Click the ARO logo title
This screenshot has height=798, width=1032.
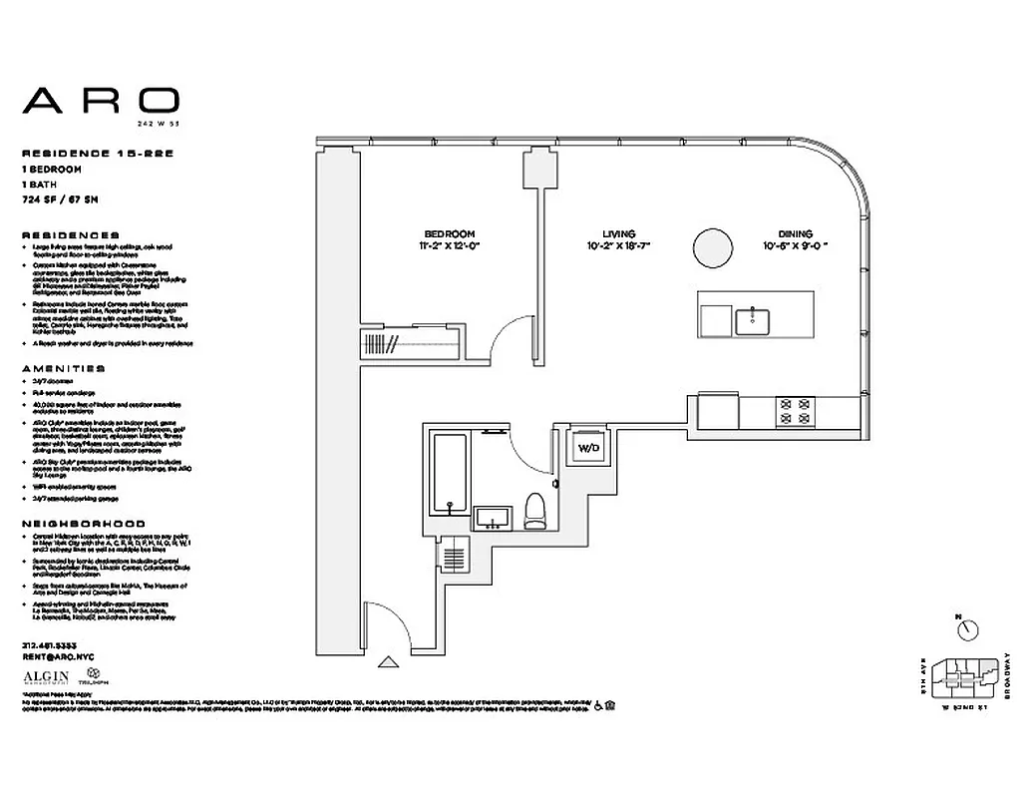(101, 100)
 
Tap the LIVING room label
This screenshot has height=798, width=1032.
(618, 233)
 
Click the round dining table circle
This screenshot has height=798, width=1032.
(714, 246)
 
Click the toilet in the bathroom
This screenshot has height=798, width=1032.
(535, 512)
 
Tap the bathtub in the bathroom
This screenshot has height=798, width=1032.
(449, 474)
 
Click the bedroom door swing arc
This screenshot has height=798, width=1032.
(512, 334)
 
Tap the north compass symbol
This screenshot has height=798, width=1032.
(964, 627)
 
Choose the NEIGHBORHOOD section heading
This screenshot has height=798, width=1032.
(82, 524)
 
